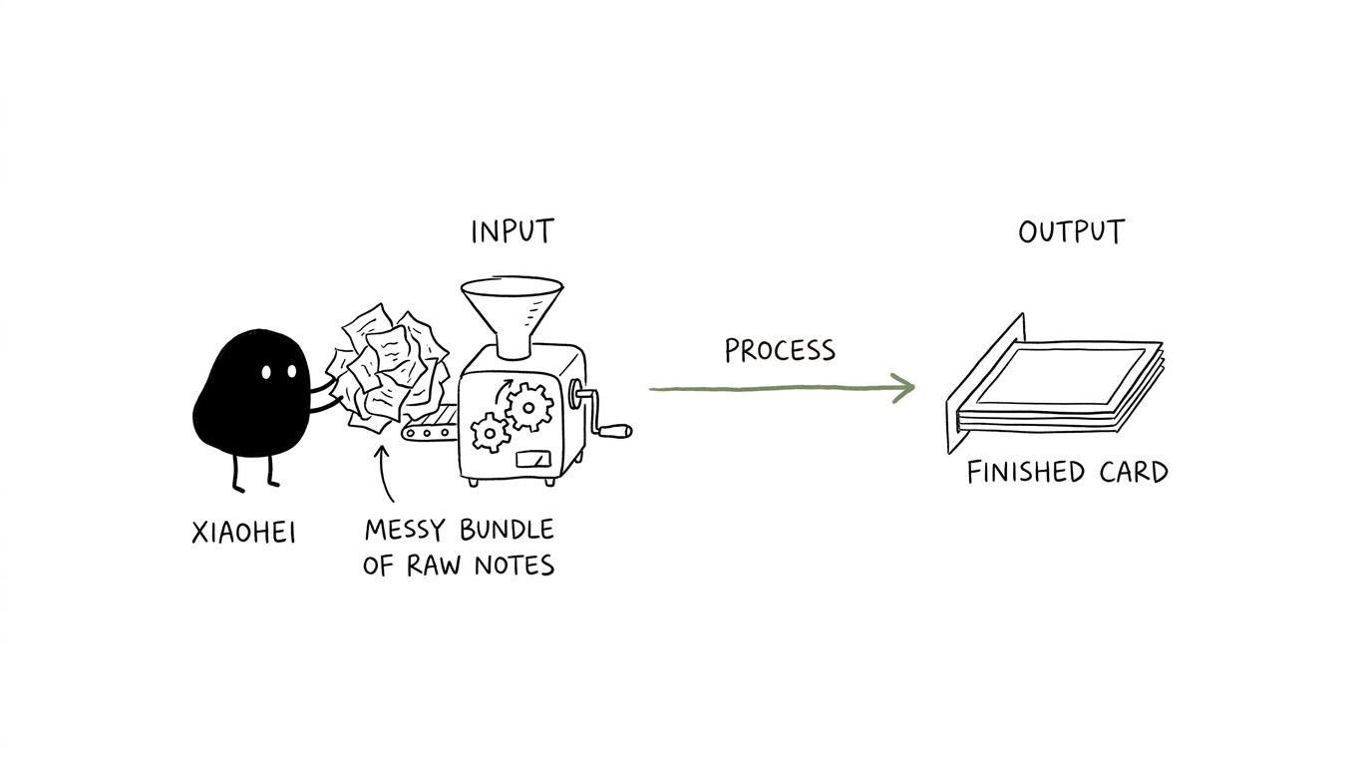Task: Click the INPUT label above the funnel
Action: [x=513, y=231]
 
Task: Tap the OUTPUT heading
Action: [x=1071, y=231]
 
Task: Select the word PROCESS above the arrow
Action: [x=780, y=350]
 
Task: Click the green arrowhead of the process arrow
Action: [x=903, y=388]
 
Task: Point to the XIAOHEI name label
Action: [x=243, y=533]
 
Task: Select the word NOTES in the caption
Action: [x=514, y=565]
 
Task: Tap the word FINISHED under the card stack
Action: [x=1026, y=473]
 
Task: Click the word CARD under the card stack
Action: [x=1134, y=473]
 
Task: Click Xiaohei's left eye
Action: [x=266, y=372]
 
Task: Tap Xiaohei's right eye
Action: [x=291, y=371]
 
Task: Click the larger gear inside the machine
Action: [x=529, y=406]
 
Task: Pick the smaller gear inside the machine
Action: [x=490, y=433]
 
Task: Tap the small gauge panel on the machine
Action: [x=532, y=459]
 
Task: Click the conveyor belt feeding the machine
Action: [x=430, y=424]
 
